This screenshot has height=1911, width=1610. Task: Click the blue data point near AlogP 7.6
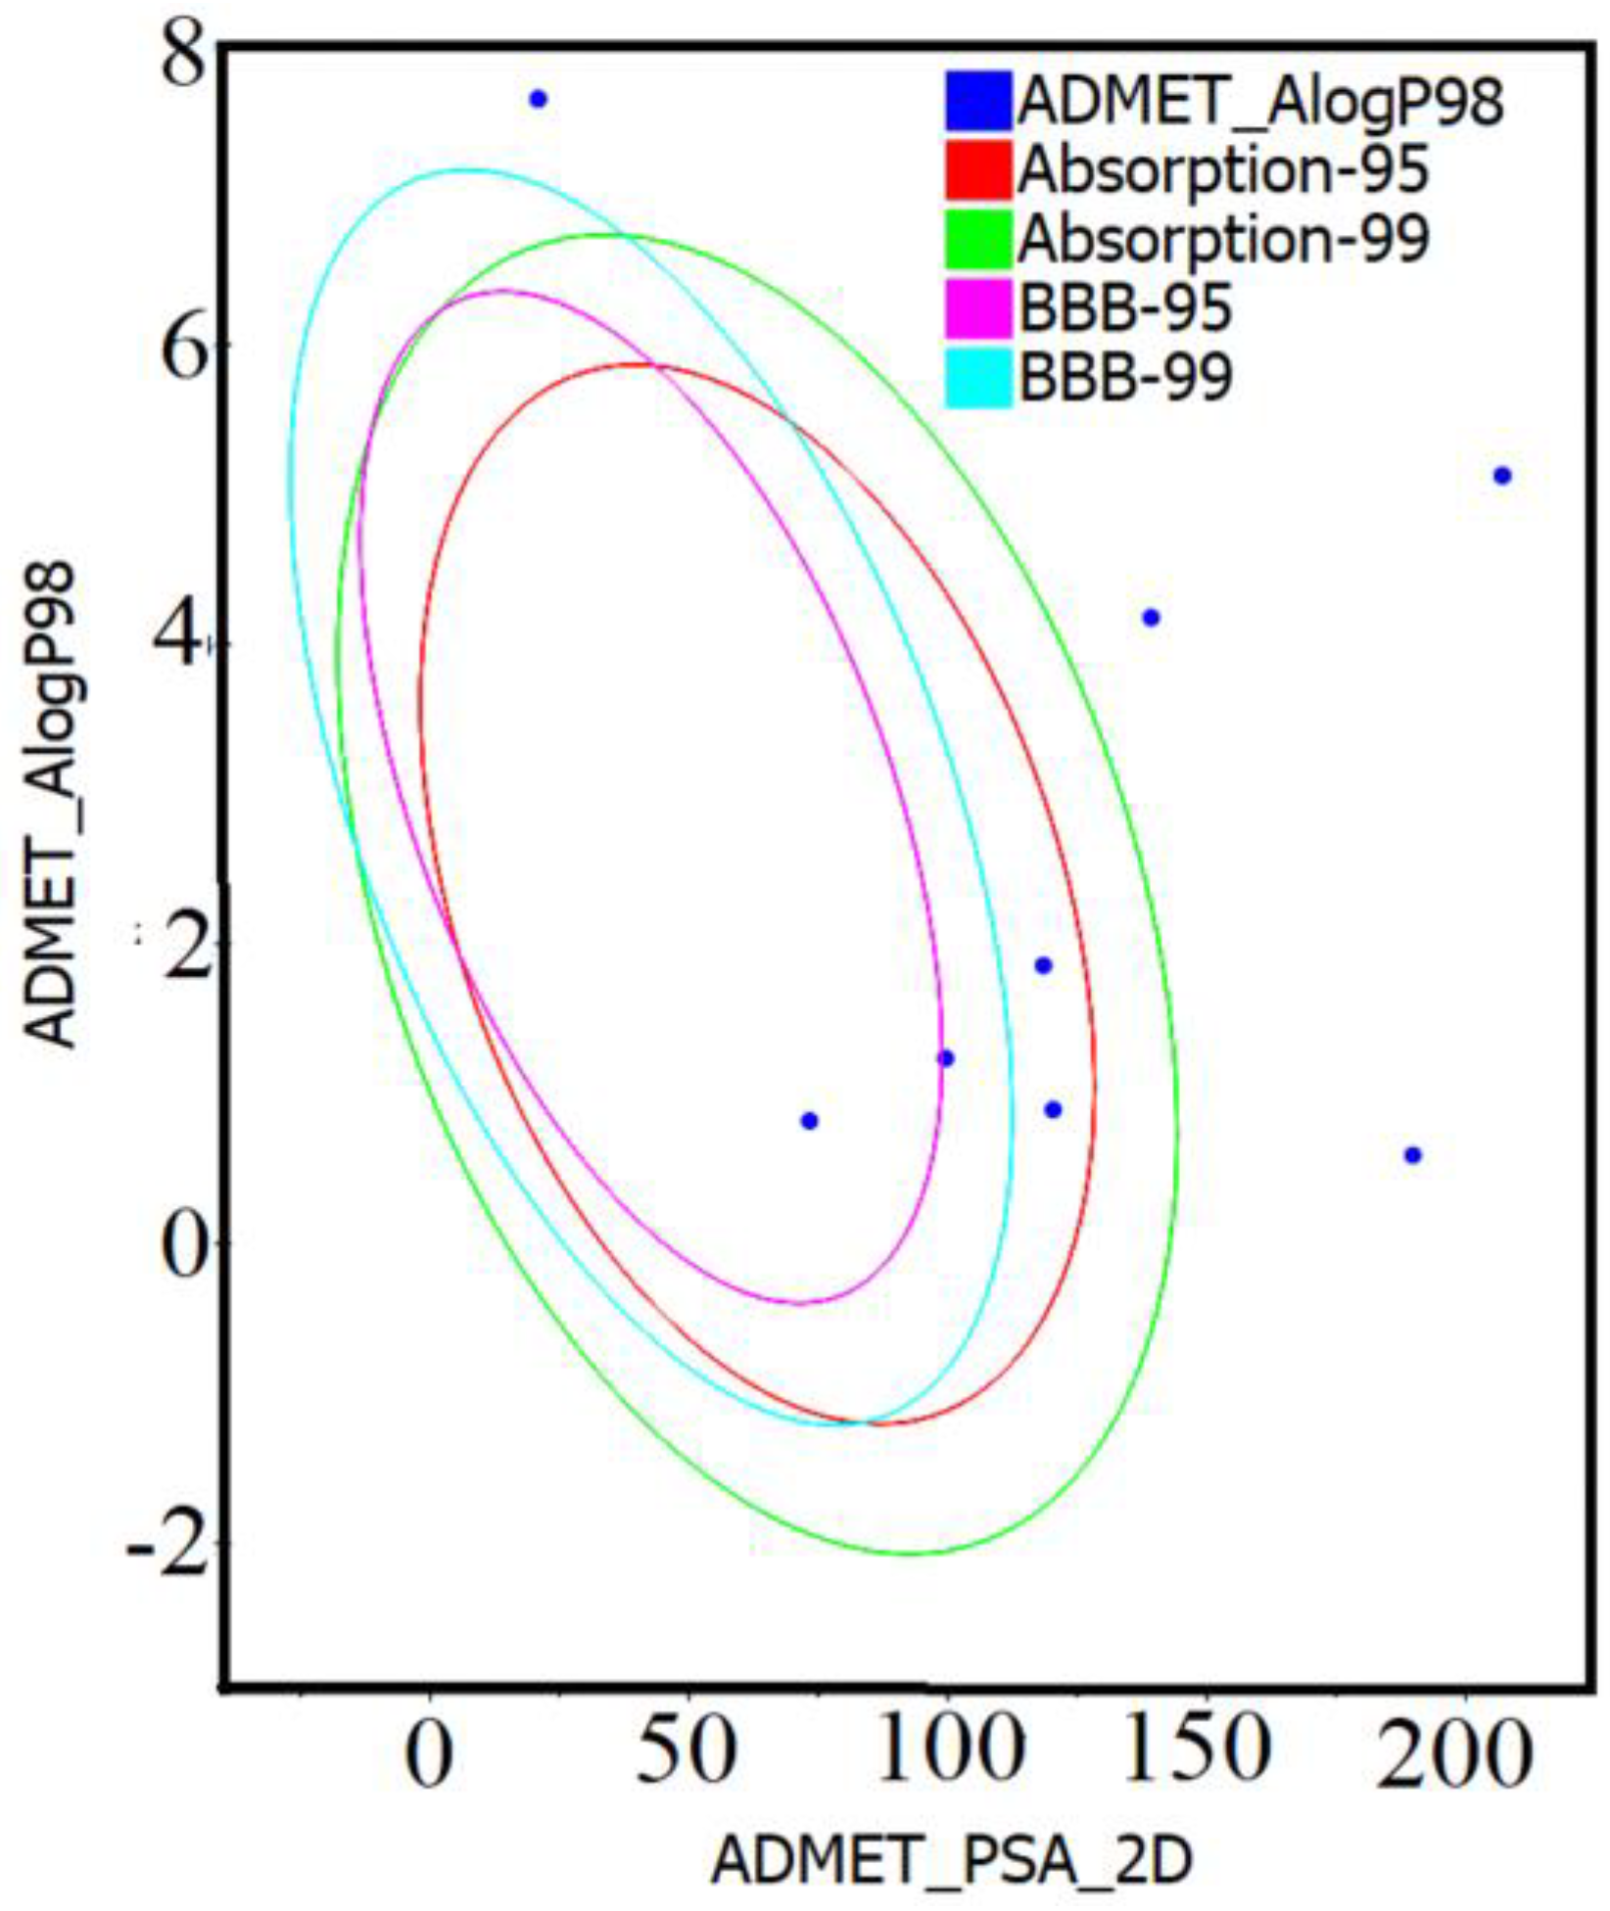point(538,99)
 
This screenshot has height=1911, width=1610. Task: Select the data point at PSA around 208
point(1502,476)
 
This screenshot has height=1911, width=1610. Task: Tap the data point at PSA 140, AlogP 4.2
point(1152,618)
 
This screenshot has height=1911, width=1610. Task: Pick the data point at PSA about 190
point(1412,1155)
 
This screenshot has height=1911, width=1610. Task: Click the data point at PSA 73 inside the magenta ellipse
point(809,1121)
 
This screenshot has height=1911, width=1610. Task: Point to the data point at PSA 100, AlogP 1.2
point(945,1058)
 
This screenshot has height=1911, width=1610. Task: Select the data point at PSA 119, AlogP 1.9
point(1043,965)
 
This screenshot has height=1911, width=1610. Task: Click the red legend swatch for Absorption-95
point(978,170)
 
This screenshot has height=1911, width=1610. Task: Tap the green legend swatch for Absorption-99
point(978,239)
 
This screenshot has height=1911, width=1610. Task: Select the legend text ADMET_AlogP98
point(1260,101)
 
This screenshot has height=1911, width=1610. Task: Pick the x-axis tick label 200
point(1453,1752)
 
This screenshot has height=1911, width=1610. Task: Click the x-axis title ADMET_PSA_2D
point(951,1860)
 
